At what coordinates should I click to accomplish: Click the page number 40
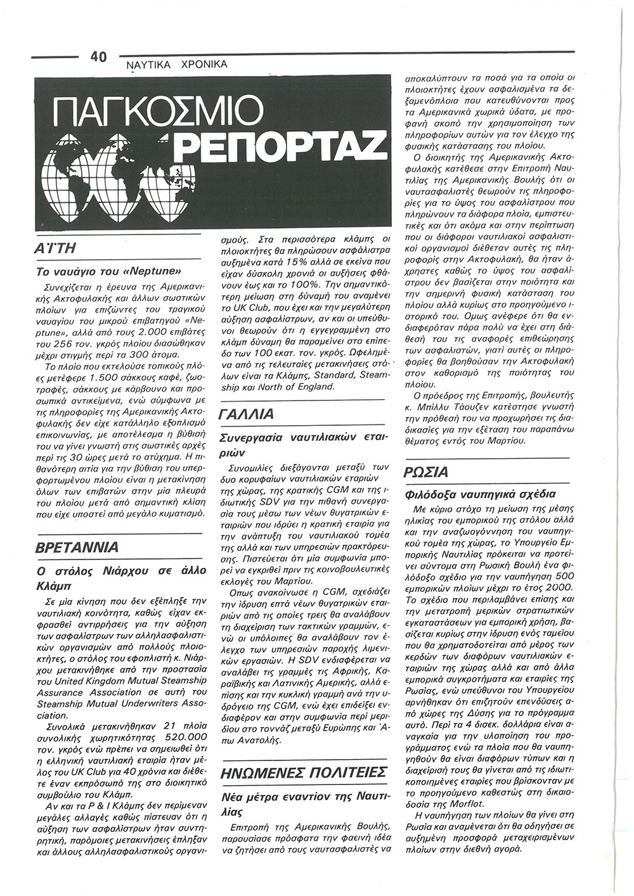coord(99,56)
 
